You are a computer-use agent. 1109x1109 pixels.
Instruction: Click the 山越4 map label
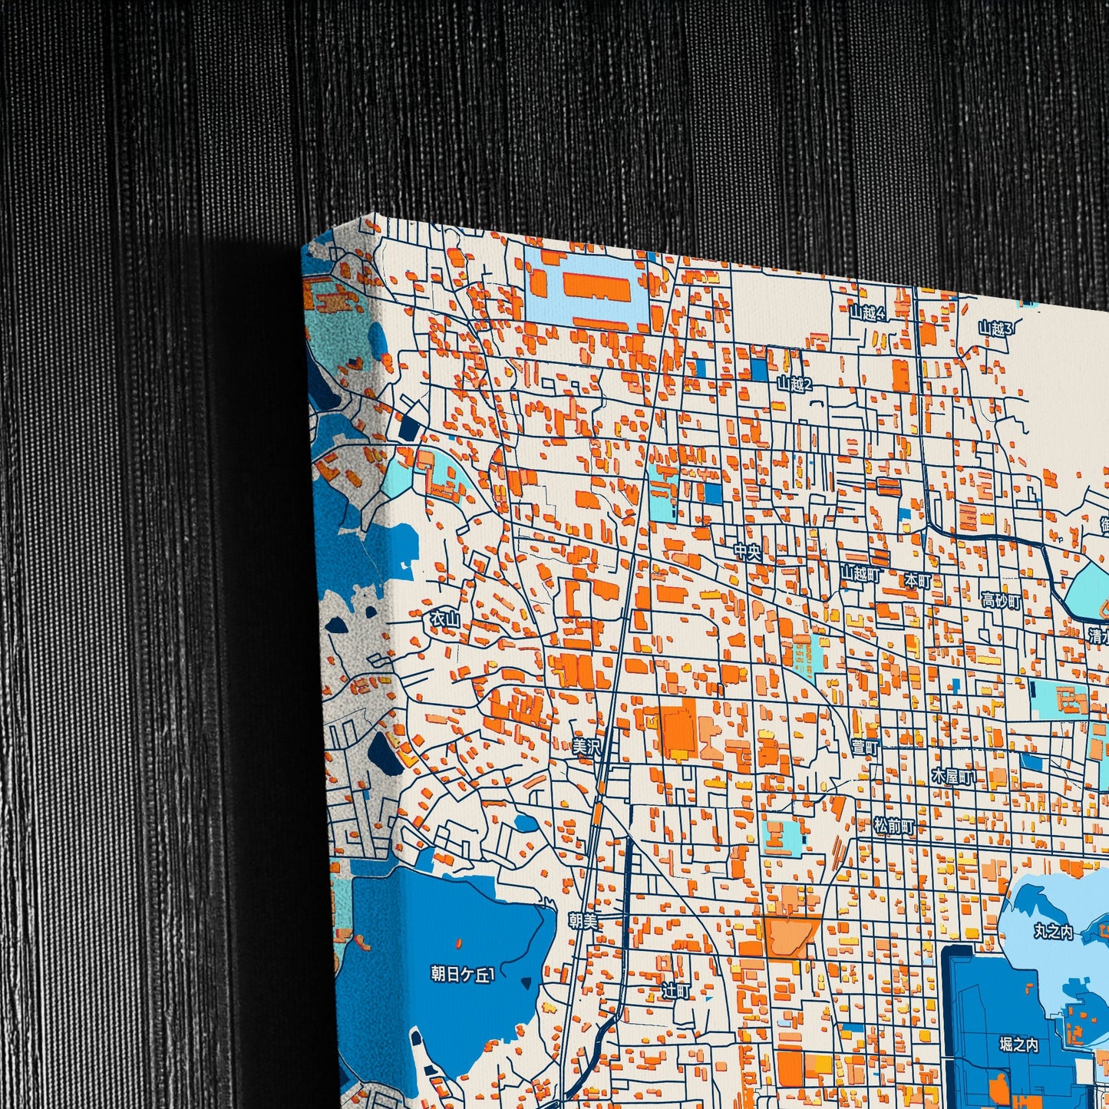pyautogui.click(x=867, y=313)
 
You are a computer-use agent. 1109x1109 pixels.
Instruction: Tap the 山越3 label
pyautogui.click(x=995, y=329)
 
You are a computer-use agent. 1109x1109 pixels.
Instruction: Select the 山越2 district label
pyautogui.click(x=794, y=385)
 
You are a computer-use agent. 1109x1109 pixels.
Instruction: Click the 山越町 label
pyautogui.click(x=860, y=573)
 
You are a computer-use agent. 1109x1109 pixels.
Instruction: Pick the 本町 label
pyautogui.click(x=917, y=580)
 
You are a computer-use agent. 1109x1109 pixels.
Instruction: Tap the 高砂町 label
pyautogui.click(x=1002, y=601)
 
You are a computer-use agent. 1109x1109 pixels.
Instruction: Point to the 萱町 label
pyautogui.click(x=865, y=747)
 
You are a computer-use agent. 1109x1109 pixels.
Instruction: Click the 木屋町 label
pyautogui.click(x=952, y=777)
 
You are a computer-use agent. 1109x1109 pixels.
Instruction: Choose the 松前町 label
pyautogui.click(x=894, y=827)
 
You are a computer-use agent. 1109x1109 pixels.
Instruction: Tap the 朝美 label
pyautogui.click(x=583, y=920)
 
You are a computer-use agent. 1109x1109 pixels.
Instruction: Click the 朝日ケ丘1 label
pyautogui.click(x=463, y=975)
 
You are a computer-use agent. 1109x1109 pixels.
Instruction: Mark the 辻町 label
pyautogui.click(x=675, y=992)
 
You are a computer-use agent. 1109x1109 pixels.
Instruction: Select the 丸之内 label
pyautogui.click(x=1052, y=932)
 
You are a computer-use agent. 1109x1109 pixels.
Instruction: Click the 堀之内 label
pyautogui.click(x=1018, y=1045)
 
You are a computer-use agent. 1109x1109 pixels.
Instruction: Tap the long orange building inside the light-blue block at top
pyautogui.click(x=596, y=286)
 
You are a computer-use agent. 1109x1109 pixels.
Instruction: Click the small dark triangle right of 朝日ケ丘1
pyautogui.click(x=526, y=983)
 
